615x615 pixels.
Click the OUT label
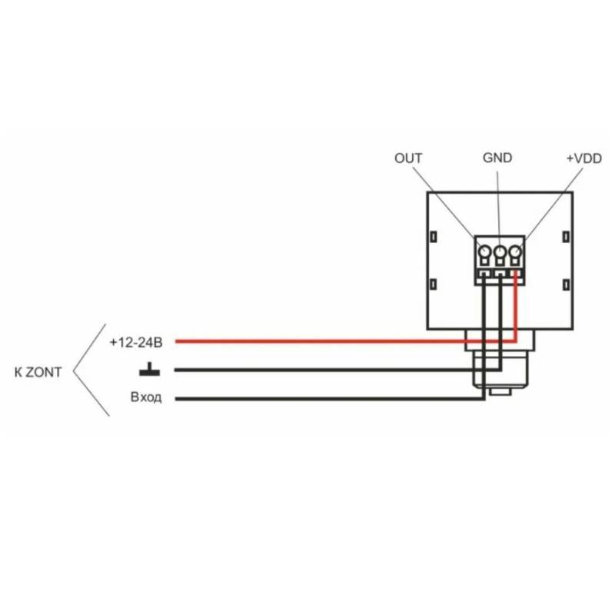(x=408, y=158)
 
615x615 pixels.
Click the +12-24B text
(x=136, y=341)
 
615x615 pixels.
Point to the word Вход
(x=146, y=398)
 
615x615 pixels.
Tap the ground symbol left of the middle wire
(x=149, y=371)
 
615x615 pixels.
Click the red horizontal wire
(x=323, y=341)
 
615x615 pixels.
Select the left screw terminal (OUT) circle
(x=484, y=252)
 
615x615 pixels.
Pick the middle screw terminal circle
(x=500, y=252)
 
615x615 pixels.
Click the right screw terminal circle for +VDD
(x=514, y=252)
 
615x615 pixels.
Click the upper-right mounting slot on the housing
(x=566, y=236)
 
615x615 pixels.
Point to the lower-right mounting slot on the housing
(x=566, y=285)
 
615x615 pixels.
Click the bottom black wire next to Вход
(x=323, y=398)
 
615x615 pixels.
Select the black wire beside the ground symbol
(x=323, y=370)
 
